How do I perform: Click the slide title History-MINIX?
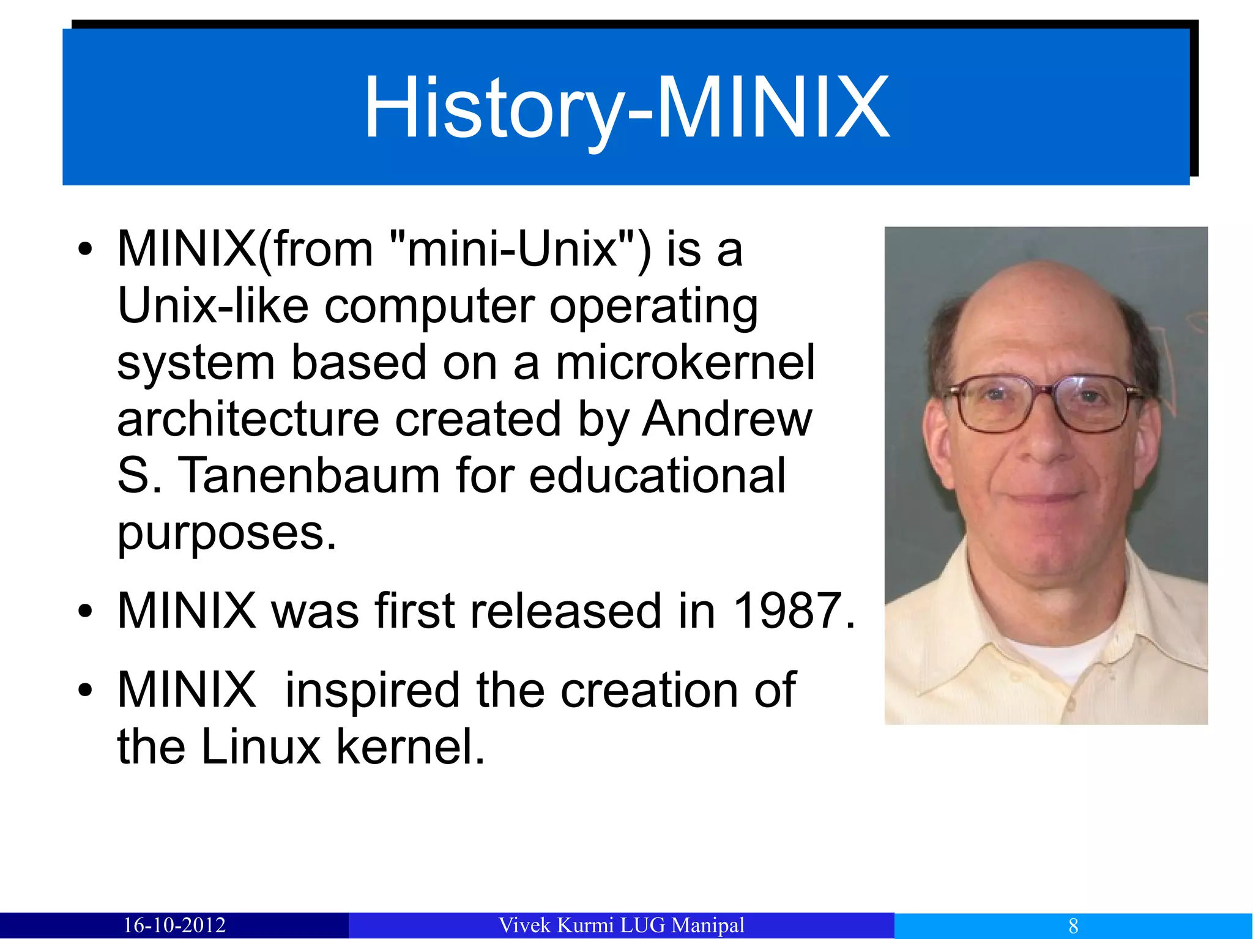(626, 108)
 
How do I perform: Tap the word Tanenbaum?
(308, 475)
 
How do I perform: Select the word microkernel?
(685, 362)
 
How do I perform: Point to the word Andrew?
(727, 419)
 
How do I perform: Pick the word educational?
(657, 475)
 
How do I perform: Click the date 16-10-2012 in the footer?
(174, 925)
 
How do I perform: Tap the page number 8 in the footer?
(1073, 926)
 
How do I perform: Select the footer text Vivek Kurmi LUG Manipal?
(622, 925)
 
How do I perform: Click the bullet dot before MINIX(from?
(85, 250)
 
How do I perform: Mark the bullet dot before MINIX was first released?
(85, 611)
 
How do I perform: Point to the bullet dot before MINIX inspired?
(85, 691)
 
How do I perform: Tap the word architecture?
(248, 419)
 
